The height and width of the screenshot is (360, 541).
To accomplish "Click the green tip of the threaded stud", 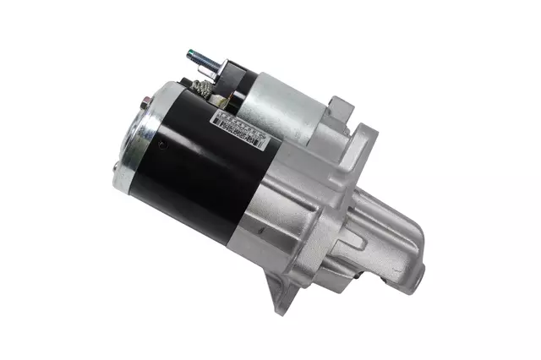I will [x=190, y=55].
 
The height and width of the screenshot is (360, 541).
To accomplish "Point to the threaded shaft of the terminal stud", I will [x=201, y=59].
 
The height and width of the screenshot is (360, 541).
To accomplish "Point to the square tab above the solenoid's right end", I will [x=341, y=106].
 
